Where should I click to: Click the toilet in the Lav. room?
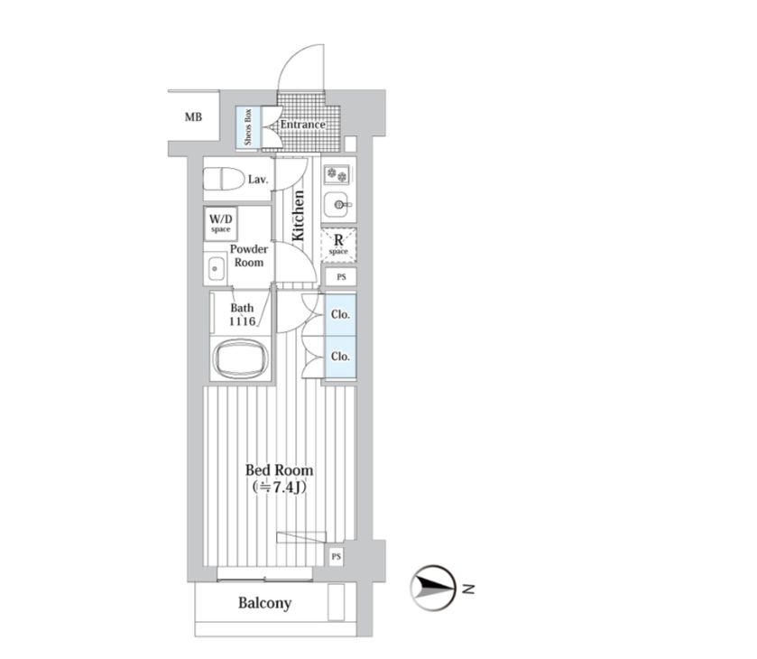pyautogui.click(x=224, y=180)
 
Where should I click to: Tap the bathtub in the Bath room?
pyautogui.click(x=240, y=359)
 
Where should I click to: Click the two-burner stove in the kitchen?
pyautogui.click(x=337, y=175)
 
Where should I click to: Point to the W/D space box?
pyautogui.click(x=221, y=224)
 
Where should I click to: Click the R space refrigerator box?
pyautogui.click(x=338, y=246)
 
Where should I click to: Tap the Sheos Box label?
pyautogui.click(x=248, y=127)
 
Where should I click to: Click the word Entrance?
pyautogui.click(x=302, y=125)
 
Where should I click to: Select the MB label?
pyautogui.click(x=193, y=117)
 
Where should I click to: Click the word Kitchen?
pyautogui.click(x=299, y=215)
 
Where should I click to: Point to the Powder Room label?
pyautogui.click(x=249, y=255)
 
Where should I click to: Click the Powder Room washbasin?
pyautogui.click(x=216, y=269)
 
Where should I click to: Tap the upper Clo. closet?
pyautogui.click(x=340, y=314)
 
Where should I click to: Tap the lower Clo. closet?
pyautogui.click(x=340, y=357)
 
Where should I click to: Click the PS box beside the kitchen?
pyautogui.click(x=341, y=277)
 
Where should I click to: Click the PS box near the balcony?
pyautogui.click(x=336, y=557)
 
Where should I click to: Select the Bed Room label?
pyautogui.click(x=279, y=470)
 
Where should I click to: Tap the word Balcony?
pyautogui.click(x=264, y=603)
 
